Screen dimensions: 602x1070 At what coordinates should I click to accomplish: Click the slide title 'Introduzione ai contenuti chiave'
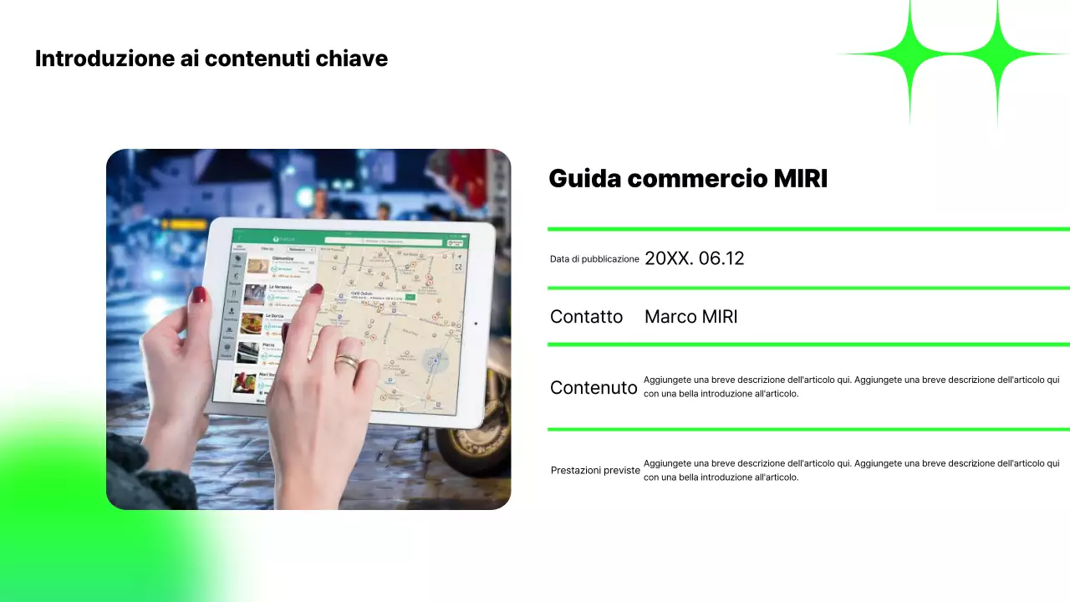[x=211, y=59]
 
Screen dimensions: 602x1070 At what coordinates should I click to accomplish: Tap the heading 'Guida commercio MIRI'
[x=687, y=178]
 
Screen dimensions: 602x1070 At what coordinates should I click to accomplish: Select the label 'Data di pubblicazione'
[x=594, y=259]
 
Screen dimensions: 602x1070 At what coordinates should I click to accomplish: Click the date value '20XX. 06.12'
[x=694, y=258]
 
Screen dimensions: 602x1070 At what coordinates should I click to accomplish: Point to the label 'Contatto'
[x=586, y=317]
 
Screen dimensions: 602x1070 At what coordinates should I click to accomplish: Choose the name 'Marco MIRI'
[x=690, y=317]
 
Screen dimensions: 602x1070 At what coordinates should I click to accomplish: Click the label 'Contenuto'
[x=594, y=387]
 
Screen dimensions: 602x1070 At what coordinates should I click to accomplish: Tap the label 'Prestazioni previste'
[x=595, y=471]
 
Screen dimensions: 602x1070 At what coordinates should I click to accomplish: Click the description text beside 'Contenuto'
[x=851, y=386]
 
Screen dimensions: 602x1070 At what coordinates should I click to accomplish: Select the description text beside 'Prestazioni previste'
[x=851, y=470]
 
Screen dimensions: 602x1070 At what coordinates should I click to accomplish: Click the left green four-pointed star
[x=909, y=55]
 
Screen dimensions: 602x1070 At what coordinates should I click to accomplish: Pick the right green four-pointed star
[x=996, y=55]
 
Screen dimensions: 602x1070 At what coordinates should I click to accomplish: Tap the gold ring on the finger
[x=346, y=362]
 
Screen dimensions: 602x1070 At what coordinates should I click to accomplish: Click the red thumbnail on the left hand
[x=199, y=294]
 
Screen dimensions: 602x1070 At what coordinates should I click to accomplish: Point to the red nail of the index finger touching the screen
[x=316, y=289]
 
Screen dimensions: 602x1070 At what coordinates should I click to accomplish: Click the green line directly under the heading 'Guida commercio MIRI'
[x=808, y=228]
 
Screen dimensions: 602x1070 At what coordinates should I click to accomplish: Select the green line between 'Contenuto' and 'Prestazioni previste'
[x=808, y=429]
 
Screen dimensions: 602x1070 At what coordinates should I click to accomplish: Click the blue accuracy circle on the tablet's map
[x=434, y=360]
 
